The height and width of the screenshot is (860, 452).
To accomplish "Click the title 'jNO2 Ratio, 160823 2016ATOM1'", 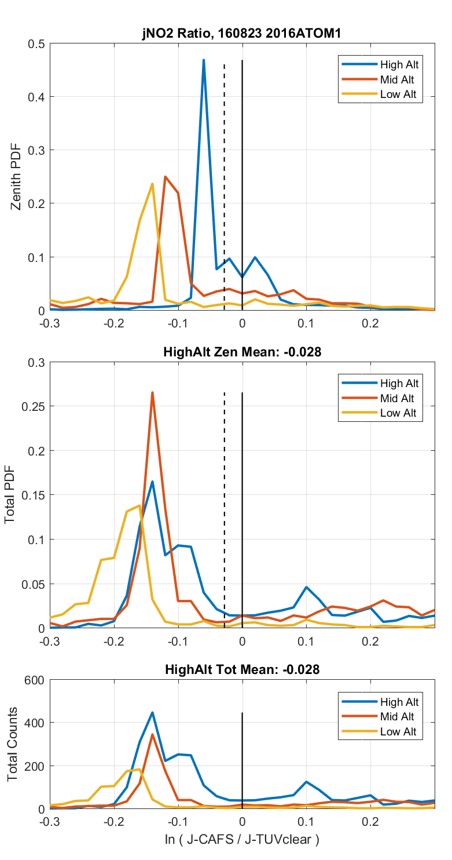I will click(x=242, y=34).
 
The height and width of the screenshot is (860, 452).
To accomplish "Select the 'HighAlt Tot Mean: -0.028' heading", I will click(x=242, y=669).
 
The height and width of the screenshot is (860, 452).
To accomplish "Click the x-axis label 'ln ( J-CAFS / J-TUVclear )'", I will click(x=242, y=839).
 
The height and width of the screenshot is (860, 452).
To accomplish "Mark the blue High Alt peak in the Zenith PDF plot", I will click(x=204, y=60).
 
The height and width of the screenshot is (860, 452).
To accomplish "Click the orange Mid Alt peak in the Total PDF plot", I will click(x=152, y=393).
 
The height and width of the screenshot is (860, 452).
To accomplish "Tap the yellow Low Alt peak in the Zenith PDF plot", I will click(x=152, y=184).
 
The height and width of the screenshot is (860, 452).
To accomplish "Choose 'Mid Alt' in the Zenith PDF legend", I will click(x=397, y=79).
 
